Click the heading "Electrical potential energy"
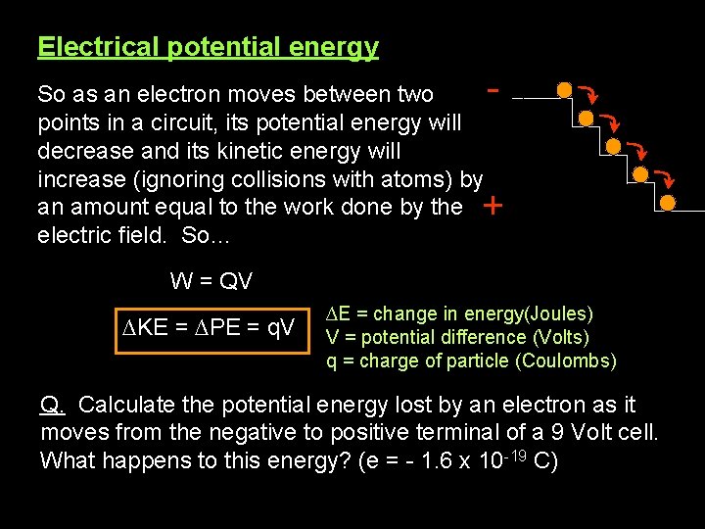pyautogui.click(x=208, y=46)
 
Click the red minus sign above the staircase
pyautogui.click(x=494, y=89)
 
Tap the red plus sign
pyautogui.click(x=493, y=207)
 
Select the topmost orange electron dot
pyautogui.click(x=564, y=90)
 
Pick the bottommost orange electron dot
pyautogui.click(x=668, y=203)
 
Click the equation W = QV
pyautogui.click(x=211, y=281)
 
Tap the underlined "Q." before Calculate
pyautogui.click(x=53, y=405)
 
